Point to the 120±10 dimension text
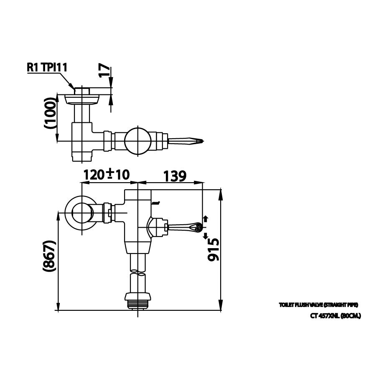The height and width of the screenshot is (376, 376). (107, 175)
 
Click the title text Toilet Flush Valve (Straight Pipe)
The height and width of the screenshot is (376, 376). (319, 305)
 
